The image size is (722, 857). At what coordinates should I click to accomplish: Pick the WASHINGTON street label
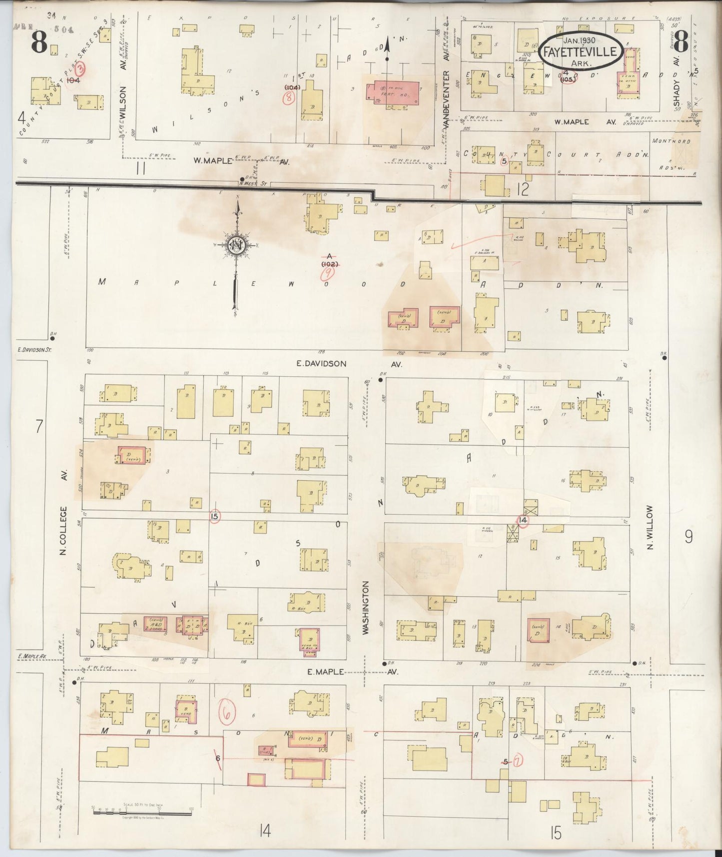coord(366,607)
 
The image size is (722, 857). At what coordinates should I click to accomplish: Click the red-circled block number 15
coord(215,516)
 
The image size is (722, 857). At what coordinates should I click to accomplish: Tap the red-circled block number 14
coord(523,520)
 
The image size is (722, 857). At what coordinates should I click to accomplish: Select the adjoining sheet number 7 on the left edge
coord(38,426)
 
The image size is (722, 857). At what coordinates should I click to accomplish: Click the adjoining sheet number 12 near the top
coord(523,189)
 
